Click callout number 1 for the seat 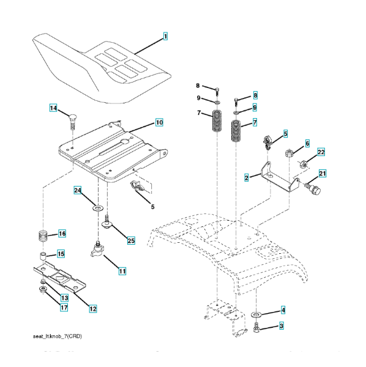(165, 36)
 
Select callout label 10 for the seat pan (159, 122)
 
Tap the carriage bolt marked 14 (73, 122)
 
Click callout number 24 (78, 190)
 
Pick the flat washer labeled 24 (98, 207)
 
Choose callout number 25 (131, 240)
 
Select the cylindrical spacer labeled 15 (42, 256)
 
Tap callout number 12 (93, 309)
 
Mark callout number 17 (64, 307)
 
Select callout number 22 (321, 152)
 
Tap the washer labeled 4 (256, 314)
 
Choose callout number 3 (282, 326)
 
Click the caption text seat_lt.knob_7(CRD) (58, 336)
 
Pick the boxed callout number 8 (255, 95)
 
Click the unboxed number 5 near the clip (152, 207)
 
